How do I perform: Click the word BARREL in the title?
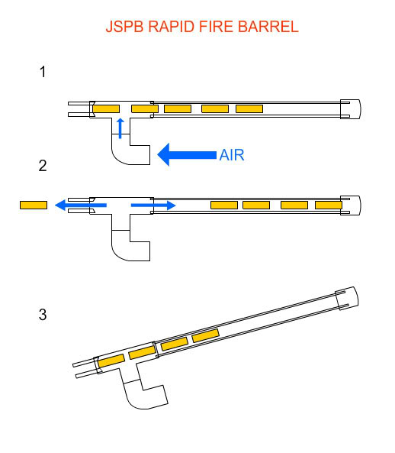point(268,27)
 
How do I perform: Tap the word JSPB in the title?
point(124,27)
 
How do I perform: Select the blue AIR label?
point(232,155)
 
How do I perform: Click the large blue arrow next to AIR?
point(187,154)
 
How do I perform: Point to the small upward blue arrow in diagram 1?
point(120,128)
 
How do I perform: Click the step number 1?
point(43,72)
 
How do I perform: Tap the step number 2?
point(43,166)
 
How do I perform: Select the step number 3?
point(43,314)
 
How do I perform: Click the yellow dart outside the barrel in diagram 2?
point(34,205)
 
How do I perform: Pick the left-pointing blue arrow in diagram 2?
point(81,205)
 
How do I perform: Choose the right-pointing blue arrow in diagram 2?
point(153,205)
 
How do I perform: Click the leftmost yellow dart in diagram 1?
point(106,109)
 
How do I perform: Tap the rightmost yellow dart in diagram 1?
point(249,109)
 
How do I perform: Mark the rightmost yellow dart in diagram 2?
point(329,205)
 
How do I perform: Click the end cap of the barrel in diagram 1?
point(350,109)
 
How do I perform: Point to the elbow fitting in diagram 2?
point(130,245)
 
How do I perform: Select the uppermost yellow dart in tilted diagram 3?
point(205,335)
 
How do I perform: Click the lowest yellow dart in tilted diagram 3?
point(111,361)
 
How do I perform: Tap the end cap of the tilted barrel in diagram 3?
point(347,299)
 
